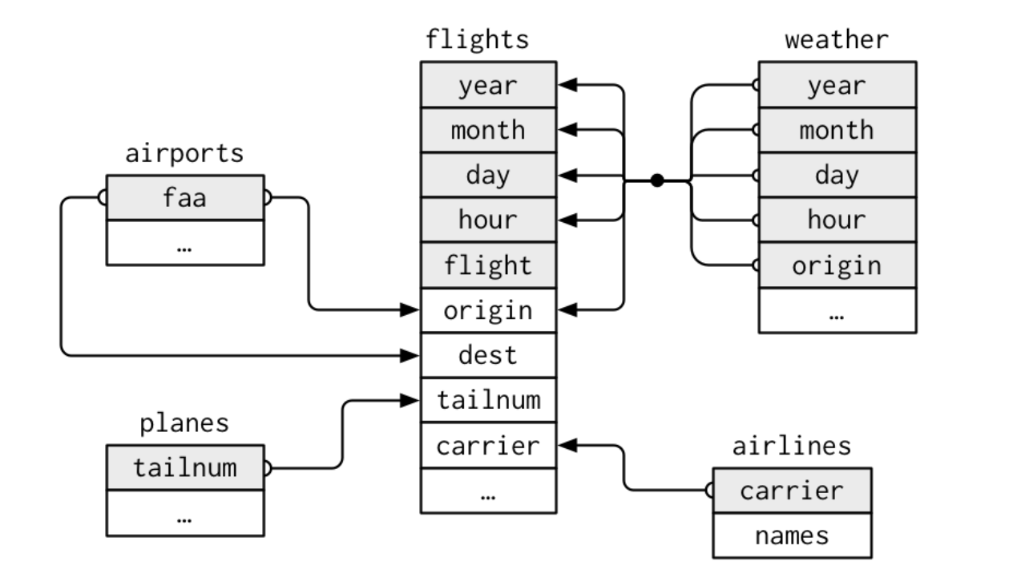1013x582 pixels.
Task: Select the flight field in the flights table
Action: pos(488,265)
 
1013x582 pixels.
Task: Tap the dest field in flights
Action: pos(488,354)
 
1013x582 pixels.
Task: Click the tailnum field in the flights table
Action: pos(488,399)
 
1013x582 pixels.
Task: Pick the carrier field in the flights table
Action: pos(488,445)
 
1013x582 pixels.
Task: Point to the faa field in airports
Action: pos(184,197)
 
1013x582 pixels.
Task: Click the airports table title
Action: pos(184,154)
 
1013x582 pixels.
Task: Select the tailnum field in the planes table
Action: pos(184,467)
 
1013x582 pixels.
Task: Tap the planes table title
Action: pos(184,424)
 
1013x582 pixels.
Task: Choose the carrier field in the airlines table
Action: pos(792,490)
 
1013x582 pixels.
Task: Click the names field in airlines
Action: pos(792,535)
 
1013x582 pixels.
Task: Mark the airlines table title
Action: pos(792,446)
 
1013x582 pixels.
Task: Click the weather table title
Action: pos(837,39)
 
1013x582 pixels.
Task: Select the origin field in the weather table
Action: pos(837,265)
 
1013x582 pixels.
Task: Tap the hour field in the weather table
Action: pos(837,220)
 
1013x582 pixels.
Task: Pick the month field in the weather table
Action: pos(837,130)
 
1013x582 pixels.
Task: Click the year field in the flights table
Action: pos(488,85)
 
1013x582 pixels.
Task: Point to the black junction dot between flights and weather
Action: pos(657,180)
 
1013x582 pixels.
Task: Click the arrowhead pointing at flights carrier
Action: pos(564,445)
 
